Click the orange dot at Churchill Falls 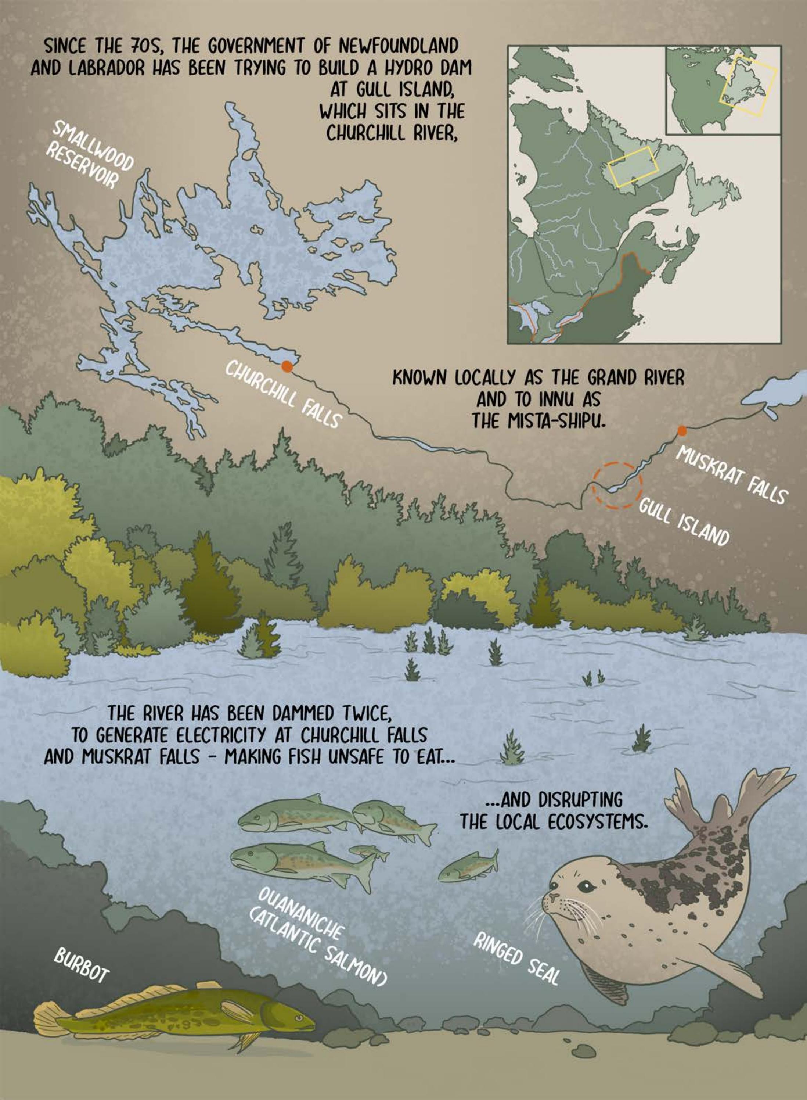click(x=287, y=366)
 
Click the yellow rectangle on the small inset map click(x=748, y=80)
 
